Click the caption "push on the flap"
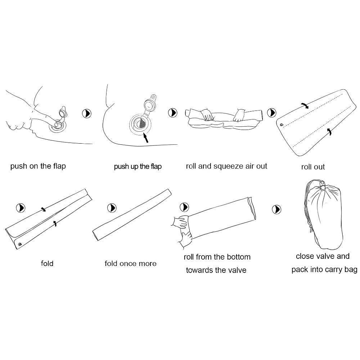point(38,166)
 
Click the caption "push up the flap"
point(138,166)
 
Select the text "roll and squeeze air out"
point(226,166)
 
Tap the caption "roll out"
point(313,167)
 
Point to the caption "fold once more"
point(130,264)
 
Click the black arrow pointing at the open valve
point(145,138)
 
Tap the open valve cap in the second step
point(150,104)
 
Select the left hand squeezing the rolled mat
point(207,115)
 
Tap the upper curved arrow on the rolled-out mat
point(305,105)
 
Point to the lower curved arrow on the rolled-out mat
point(329,131)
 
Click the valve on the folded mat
point(20,244)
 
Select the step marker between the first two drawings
point(86,113)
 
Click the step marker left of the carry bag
point(276,210)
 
